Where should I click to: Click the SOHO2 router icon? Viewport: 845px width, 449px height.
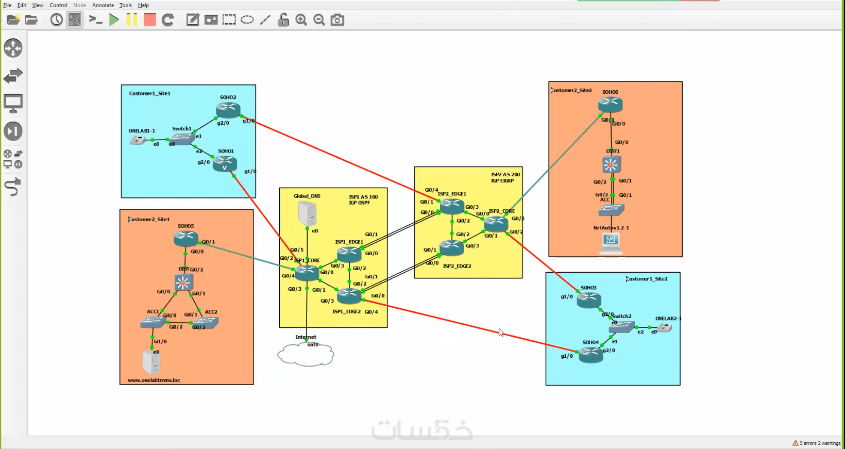(228, 109)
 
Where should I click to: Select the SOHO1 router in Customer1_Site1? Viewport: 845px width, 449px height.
(225, 164)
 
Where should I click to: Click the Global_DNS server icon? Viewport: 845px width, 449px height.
(307, 213)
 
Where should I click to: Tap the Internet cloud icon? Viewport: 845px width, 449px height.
(306, 355)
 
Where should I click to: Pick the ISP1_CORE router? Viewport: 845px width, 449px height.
(307, 273)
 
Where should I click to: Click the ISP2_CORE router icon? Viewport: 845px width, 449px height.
(496, 224)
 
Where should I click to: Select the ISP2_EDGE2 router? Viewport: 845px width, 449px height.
(451, 248)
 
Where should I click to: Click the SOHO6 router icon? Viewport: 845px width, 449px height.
(611, 105)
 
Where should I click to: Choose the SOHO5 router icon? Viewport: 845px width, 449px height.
(185, 239)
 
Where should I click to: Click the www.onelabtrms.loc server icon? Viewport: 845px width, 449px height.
(151, 362)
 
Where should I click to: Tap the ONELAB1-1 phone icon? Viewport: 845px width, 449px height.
(138, 140)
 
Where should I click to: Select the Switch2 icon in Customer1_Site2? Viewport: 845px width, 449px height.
(621, 327)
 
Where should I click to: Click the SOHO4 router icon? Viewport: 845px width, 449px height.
(590, 354)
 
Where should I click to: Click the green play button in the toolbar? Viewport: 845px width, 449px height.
(114, 20)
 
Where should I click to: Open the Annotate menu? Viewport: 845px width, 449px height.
(103, 5)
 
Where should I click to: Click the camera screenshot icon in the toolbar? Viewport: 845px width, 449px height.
(337, 20)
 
